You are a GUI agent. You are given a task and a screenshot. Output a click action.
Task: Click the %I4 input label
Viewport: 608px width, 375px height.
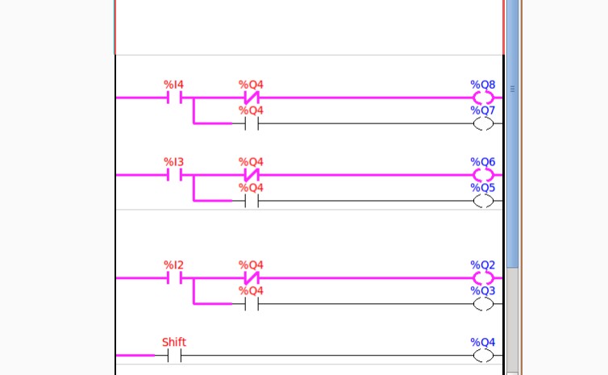click(x=174, y=84)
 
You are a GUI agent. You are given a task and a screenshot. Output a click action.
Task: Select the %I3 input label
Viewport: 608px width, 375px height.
click(x=174, y=161)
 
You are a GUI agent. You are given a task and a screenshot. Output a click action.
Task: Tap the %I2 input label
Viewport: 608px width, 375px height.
click(x=174, y=265)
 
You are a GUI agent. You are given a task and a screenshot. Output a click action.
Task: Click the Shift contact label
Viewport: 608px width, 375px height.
click(x=174, y=342)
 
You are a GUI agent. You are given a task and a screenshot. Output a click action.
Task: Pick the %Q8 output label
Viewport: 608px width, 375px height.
click(x=483, y=84)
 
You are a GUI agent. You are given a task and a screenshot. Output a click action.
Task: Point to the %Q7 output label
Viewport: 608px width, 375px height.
click(x=483, y=110)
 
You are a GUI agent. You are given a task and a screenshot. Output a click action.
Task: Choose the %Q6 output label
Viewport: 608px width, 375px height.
click(x=483, y=161)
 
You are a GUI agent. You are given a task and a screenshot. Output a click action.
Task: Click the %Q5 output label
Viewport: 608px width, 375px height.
click(x=483, y=187)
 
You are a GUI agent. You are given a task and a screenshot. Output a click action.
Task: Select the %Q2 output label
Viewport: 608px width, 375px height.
click(x=483, y=265)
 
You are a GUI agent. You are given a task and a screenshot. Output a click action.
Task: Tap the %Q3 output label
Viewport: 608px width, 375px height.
click(x=483, y=290)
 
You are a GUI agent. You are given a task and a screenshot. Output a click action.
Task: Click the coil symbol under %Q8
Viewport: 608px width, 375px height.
click(x=483, y=98)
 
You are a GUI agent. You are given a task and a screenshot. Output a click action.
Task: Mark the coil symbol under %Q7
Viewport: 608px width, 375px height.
click(x=483, y=123)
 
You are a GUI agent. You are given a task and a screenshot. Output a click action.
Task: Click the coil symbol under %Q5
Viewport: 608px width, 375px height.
click(x=483, y=201)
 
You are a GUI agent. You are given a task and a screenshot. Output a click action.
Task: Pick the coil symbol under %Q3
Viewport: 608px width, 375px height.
click(x=483, y=304)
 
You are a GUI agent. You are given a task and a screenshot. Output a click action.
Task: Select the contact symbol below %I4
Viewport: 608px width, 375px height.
click(x=174, y=98)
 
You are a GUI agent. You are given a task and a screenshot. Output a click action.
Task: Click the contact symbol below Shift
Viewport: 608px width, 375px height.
click(x=174, y=356)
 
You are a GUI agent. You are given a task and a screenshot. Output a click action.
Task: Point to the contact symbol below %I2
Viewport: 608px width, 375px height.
click(x=174, y=278)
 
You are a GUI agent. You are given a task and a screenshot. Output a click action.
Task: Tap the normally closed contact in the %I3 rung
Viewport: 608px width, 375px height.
click(x=251, y=175)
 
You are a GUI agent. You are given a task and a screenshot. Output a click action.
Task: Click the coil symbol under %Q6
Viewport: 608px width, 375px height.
click(x=483, y=175)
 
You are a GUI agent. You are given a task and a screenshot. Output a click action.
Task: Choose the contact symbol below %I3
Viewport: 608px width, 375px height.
click(x=174, y=175)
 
